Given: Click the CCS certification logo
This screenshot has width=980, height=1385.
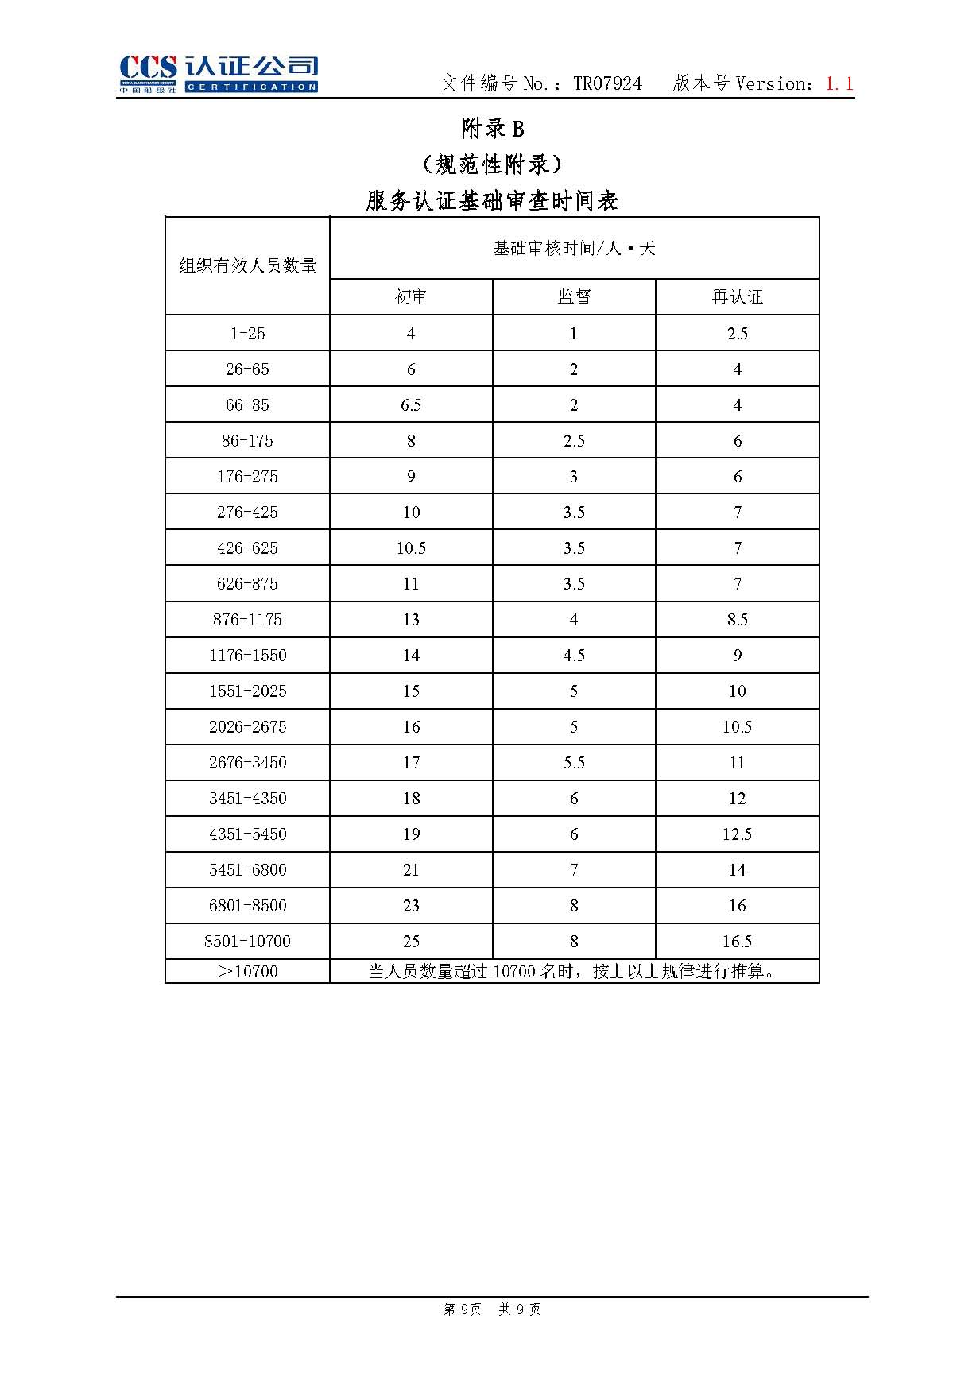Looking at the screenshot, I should (219, 74).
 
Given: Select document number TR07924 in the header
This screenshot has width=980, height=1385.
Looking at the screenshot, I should (607, 83).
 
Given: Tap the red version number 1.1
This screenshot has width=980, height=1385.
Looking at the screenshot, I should (839, 83).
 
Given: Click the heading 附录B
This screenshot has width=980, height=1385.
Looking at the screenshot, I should (493, 129).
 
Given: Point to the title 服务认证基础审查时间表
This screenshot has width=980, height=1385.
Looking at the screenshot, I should (492, 200).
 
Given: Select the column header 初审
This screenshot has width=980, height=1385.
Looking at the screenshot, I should (411, 297).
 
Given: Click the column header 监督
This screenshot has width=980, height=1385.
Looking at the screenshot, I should (574, 297).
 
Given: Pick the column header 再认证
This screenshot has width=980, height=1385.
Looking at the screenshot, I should (737, 297).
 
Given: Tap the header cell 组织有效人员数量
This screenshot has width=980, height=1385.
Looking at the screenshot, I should (247, 265).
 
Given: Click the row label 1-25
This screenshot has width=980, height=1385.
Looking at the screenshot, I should (247, 334).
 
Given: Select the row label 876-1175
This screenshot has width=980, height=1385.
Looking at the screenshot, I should (247, 620).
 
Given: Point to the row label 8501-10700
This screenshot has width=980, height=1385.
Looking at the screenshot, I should (247, 942).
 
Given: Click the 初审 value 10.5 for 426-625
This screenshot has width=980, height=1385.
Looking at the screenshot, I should (411, 548).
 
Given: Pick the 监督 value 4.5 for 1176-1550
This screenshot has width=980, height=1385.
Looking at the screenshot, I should (574, 656).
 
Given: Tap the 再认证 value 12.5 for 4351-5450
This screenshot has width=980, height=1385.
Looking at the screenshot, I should (737, 834).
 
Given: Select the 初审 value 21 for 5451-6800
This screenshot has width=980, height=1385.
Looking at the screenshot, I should (411, 870).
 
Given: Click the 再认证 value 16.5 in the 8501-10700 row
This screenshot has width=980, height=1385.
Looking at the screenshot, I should (737, 942).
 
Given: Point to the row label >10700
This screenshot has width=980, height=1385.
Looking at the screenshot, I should (247, 971).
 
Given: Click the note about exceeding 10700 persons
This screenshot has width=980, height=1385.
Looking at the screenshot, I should (573, 971).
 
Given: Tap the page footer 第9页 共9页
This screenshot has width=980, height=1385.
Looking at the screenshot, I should (492, 1310).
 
